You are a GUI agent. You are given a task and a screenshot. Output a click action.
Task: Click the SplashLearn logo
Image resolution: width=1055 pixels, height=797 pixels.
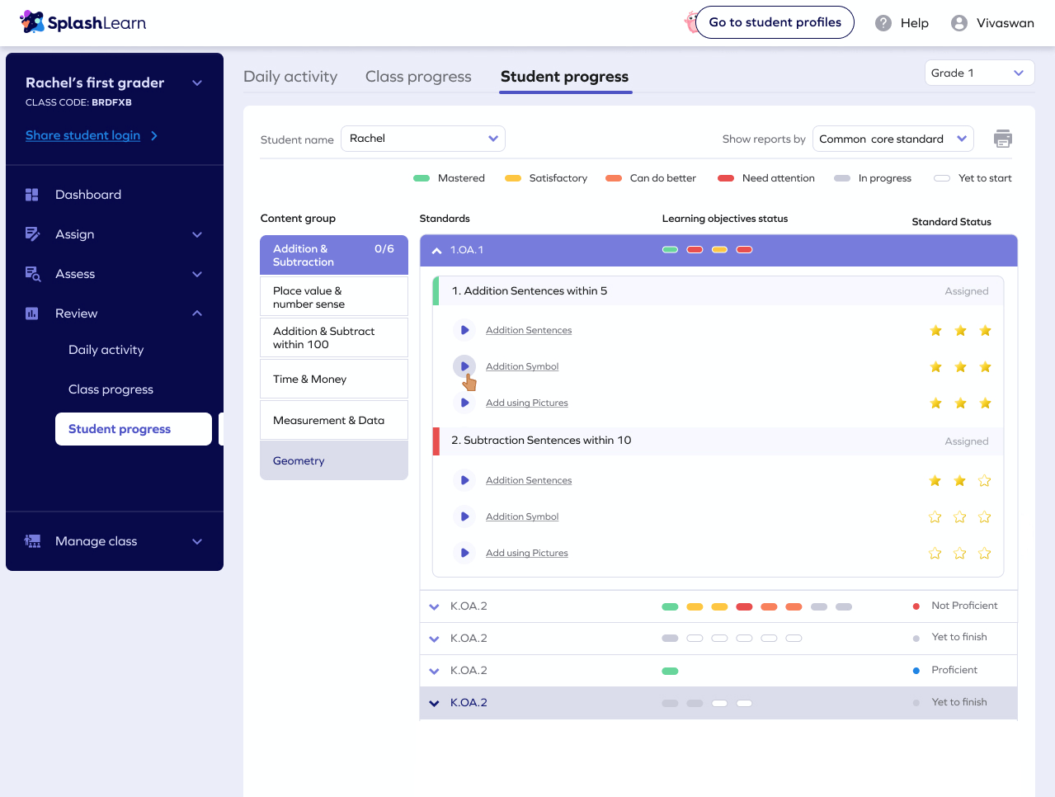click(83, 22)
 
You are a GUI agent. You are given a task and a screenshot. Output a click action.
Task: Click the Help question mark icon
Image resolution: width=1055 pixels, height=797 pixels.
click(883, 23)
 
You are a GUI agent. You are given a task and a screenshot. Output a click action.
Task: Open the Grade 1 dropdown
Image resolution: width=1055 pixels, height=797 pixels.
click(979, 73)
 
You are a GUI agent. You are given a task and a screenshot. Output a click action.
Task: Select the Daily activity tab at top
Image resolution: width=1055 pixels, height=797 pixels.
click(290, 77)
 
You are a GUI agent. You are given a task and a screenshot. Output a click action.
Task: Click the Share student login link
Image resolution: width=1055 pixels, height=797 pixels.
click(83, 135)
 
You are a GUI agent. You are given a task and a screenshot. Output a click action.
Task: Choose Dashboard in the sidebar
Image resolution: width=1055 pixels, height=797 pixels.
click(88, 195)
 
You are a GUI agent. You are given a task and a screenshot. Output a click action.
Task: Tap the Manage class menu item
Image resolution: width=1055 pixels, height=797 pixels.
click(97, 541)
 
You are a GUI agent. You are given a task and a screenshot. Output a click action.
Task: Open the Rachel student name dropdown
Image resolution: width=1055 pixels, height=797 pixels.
click(422, 139)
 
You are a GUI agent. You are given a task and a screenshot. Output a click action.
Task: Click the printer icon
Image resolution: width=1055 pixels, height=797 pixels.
click(1003, 139)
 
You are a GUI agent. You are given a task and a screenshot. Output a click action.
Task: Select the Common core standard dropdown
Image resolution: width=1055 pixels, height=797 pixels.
click(893, 139)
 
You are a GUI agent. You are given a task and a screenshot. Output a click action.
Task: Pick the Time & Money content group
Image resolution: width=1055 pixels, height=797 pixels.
click(333, 380)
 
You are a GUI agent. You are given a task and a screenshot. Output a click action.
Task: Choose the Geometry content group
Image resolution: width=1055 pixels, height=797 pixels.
click(333, 460)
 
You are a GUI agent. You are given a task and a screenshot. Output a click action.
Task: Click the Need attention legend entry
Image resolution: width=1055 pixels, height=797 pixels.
click(778, 178)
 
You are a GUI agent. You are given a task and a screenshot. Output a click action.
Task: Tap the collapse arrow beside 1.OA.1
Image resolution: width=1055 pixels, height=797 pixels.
click(436, 250)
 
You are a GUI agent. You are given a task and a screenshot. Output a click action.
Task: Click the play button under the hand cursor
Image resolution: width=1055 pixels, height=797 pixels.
click(464, 365)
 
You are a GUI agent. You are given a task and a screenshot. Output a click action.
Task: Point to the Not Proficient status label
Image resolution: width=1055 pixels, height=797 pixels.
click(964, 606)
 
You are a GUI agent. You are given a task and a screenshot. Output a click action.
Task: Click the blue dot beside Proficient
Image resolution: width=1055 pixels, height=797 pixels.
click(916, 671)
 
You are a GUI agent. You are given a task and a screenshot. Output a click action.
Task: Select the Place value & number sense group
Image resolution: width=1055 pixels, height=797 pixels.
click(333, 297)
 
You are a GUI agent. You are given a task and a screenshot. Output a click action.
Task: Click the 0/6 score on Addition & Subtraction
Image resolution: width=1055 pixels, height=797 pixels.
click(384, 248)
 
